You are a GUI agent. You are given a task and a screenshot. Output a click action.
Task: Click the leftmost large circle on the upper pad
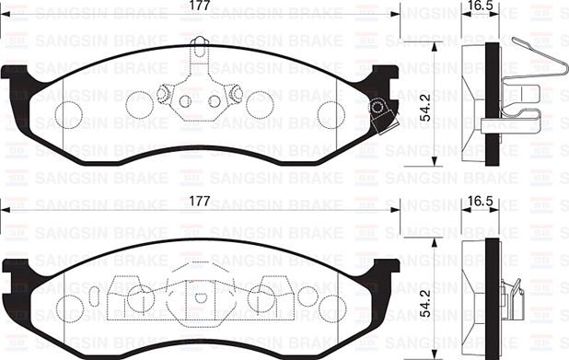pyautogui.click(x=69, y=113)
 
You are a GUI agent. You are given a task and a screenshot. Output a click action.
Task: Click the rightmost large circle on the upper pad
pyautogui.click(x=331, y=113)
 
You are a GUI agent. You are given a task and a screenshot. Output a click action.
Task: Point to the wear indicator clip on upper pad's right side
pyautogui.click(x=378, y=112)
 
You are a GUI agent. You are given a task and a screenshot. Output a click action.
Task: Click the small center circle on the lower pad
pyautogui.click(x=200, y=297)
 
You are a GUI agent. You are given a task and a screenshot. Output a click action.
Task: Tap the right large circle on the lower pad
pyautogui.click(x=261, y=296)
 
